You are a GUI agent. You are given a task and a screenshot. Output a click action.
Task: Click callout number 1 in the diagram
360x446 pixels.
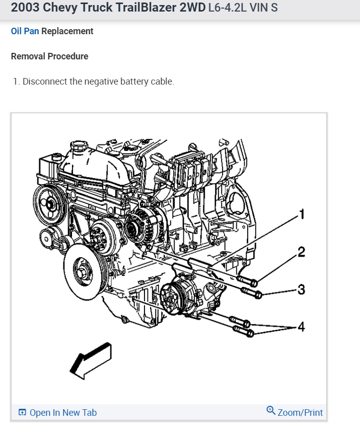click(302, 214)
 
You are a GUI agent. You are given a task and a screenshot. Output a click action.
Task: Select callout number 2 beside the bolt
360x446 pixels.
click(301, 252)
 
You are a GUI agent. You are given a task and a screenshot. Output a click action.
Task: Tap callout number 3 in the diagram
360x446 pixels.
click(301, 289)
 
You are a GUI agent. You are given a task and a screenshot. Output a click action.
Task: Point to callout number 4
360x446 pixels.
click(301, 327)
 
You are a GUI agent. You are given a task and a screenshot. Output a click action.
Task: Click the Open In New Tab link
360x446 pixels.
click(62, 413)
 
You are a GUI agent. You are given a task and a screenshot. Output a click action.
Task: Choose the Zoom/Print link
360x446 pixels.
click(300, 413)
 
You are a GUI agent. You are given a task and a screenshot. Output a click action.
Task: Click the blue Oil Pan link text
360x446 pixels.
click(25, 31)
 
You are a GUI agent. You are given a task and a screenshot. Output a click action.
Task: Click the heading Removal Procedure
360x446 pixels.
click(49, 56)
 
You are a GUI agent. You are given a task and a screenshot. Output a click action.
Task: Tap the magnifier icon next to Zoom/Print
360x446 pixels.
click(271, 411)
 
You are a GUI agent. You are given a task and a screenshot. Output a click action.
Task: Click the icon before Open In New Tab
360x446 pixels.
click(22, 413)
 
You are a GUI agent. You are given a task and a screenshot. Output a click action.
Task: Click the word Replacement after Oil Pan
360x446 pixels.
click(67, 31)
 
